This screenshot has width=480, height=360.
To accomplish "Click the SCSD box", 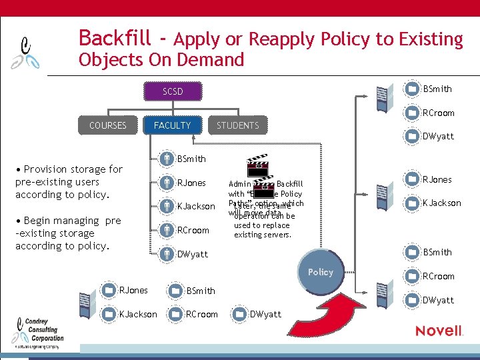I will (x=173, y=91).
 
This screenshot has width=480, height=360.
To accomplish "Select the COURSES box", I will (x=107, y=125).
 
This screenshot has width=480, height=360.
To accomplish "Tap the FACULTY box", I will (x=172, y=125).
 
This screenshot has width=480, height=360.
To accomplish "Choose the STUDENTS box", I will (x=237, y=125).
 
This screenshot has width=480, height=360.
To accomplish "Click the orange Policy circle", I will (x=321, y=272).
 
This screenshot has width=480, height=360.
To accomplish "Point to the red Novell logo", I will (x=439, y=331).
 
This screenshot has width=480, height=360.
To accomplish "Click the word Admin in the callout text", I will (x=239, y=184).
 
